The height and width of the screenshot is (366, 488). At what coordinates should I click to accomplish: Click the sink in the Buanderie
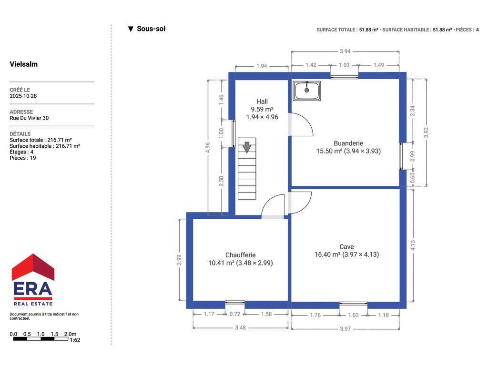point(306,91)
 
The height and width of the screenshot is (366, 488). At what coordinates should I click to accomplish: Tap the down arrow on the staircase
point(247,147)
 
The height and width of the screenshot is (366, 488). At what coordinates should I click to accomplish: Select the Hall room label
point(262,102)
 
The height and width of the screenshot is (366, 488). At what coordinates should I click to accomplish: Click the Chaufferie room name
point(241,255)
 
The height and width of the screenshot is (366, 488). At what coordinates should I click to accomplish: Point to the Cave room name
point(346,246)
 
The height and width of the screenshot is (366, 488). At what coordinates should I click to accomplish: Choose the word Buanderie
point(348,143)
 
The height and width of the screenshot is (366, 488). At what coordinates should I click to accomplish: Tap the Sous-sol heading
point(151,29)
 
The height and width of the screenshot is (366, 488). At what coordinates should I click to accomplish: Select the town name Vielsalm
point(24,64)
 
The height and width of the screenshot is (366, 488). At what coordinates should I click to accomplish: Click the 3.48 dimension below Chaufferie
point(240,327)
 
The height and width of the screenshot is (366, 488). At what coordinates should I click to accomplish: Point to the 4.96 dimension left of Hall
point(208,147)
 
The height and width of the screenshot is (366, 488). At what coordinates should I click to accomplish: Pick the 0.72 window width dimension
point(234,314)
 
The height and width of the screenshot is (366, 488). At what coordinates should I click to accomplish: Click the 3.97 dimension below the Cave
point(345,329)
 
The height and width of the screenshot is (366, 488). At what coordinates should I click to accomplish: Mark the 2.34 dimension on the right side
point(412,111)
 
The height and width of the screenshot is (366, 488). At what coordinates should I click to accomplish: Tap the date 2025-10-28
point(23,96)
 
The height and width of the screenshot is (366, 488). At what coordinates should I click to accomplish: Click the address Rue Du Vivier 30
point(29,118)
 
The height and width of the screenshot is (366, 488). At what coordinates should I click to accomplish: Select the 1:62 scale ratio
point(75,340)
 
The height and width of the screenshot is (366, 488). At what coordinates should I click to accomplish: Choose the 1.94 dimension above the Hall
point(262,66)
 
